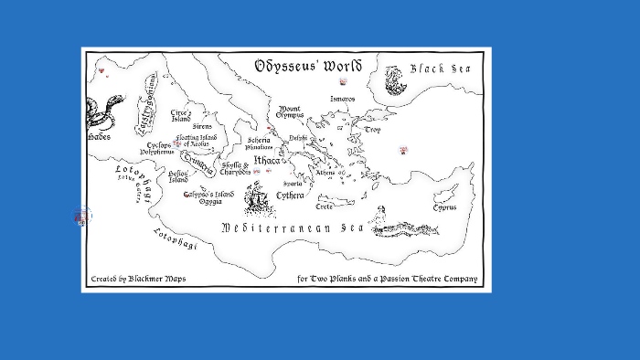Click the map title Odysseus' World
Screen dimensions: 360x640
tap(308, 66)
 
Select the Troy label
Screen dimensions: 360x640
tap(372, 130)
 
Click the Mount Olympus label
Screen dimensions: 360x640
tap(290, 111)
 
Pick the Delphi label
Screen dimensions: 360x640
tap(299, 138)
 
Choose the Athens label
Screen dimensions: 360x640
tap(325, 172)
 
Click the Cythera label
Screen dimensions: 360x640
tap(290, 195)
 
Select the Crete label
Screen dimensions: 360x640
tap(325, 206)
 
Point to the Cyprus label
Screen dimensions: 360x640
tap(444, 207)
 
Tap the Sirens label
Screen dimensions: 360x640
tap(202, 126)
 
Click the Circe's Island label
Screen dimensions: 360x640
tap(181, 116)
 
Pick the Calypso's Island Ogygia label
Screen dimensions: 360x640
tap(208, 197)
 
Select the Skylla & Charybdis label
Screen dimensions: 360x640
tap(236, 168)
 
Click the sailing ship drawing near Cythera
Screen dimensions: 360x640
tap(259, 195)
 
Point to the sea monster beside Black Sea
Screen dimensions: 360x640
tap(395, 80)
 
